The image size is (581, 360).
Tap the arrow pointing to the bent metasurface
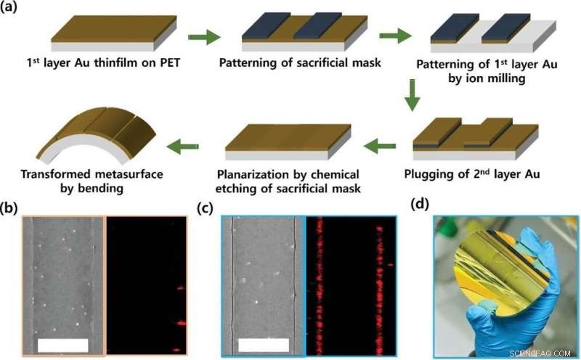coord(185,147)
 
